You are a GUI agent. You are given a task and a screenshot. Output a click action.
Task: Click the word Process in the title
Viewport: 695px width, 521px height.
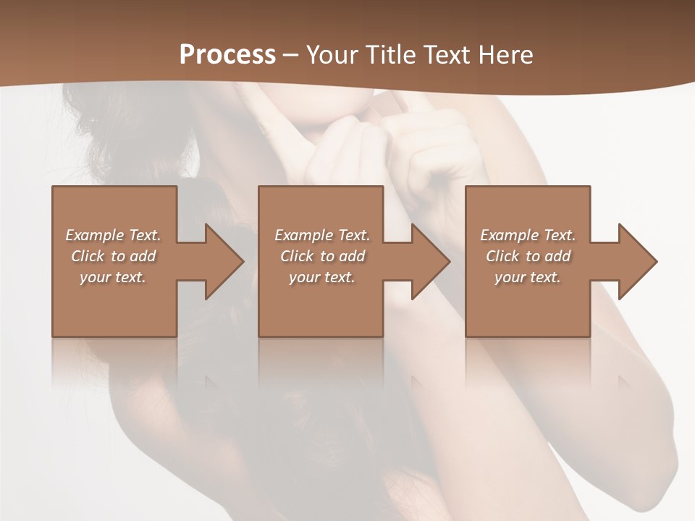point(227,55)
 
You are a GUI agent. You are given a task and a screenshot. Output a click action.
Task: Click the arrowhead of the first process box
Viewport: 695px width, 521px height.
point(222,261)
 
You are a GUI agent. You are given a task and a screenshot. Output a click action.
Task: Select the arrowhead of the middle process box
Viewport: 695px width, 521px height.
point(428,261)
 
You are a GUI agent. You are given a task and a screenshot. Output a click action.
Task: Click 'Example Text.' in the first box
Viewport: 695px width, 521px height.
point(113,235)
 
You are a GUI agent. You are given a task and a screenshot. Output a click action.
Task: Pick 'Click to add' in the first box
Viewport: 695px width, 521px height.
point(113,256)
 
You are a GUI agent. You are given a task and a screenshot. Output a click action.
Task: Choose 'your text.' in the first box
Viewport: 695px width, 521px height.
point(113,277)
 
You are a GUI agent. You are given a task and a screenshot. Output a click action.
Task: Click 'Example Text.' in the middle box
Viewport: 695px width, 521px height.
point(321,235)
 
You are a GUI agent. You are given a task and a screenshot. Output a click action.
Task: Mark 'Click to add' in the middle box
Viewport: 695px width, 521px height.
point(321,256)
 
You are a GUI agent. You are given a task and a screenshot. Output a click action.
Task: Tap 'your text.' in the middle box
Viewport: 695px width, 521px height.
point(321,277)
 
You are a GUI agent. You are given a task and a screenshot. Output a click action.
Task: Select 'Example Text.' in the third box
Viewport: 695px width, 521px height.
point(528,235)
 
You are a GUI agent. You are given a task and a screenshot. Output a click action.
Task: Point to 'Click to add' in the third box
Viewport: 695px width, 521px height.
point(528,256)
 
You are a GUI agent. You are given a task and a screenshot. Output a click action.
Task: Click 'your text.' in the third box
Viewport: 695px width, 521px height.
point(528,277)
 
